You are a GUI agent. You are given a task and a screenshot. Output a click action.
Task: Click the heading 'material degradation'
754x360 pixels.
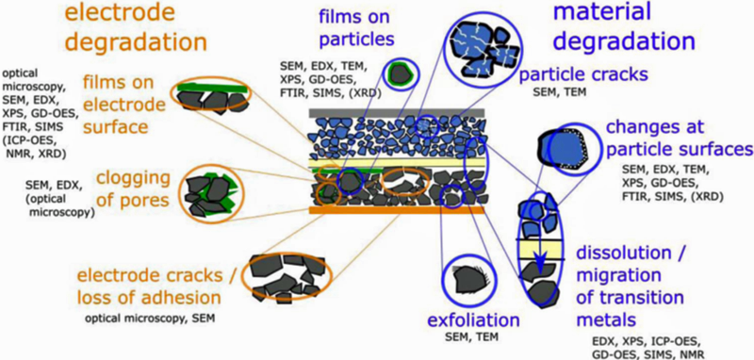pos(624,25)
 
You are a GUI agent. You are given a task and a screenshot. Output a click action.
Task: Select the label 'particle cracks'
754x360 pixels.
pos(584,74)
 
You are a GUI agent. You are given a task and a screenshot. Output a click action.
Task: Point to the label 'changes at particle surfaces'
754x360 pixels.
pos(679,139)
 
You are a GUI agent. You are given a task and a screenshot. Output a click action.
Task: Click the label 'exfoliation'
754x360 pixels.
pos(473,319)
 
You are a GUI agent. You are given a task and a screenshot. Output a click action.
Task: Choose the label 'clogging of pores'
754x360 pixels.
pos(133,188)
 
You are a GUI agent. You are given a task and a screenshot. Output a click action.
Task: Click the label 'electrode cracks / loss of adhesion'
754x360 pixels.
pos(150,286)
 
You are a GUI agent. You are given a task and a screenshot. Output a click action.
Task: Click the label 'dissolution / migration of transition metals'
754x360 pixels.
pos(630,286)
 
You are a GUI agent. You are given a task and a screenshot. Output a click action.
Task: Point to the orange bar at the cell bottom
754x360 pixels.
pos(397,210)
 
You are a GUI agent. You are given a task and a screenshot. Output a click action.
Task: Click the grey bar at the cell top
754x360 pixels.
pos(397,113)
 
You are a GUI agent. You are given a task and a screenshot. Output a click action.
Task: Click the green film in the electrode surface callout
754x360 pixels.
pos(213,88)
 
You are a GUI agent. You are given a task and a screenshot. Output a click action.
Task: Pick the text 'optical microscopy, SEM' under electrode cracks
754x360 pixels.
pos(150,319)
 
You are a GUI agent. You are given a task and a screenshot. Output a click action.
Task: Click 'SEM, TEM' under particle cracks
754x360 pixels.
pos(560,91)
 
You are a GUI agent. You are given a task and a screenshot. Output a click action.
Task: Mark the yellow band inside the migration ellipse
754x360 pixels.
pos(541,250)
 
